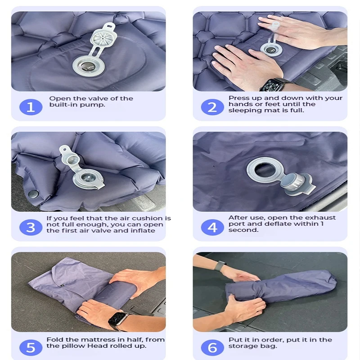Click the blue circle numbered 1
pos(31,107)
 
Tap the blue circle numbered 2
pos(212,107)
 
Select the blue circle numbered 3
pos(31,227)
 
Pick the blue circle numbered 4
pos(212,227)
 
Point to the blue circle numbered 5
pos(31,347)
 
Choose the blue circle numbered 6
pos(212,347)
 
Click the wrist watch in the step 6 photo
pos(220,265)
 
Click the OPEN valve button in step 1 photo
pos(88,67)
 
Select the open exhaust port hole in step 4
pos(265,170)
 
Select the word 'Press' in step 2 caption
pos(238,98)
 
